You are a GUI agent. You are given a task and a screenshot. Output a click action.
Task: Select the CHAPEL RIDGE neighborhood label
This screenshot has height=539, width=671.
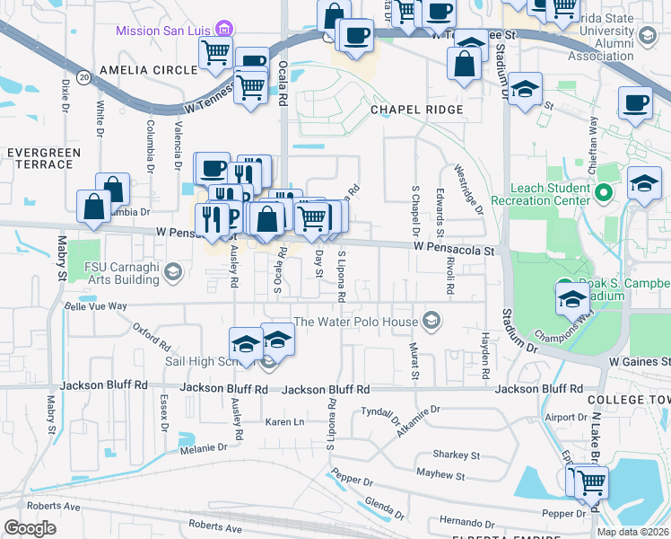coord(416,110)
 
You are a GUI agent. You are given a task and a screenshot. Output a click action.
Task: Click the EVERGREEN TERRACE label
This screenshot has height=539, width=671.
coord(39,159)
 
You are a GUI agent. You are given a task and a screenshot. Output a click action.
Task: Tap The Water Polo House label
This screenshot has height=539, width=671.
coord(356,322)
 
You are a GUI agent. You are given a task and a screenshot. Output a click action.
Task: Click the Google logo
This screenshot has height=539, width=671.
coord(30,527)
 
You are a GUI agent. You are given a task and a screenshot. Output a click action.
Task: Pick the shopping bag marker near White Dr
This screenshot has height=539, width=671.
coord(113,188)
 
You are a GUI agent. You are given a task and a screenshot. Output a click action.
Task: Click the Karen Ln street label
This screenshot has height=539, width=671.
coord(285,421)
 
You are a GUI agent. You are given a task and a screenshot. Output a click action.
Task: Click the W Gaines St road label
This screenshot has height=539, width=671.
coord(639,360)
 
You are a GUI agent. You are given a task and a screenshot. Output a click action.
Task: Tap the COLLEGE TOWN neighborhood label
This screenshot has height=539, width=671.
coord(628,398)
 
